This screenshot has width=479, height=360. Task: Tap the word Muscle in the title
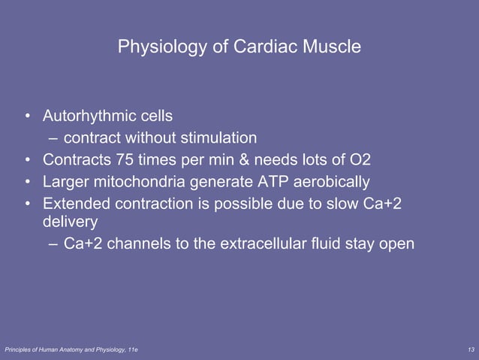[x=332, y=47]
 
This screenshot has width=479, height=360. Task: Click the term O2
[x=359, y=159]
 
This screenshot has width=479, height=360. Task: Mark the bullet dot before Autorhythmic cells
[x=27, y=117]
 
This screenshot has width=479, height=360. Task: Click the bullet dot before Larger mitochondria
[x=27, y=182]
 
